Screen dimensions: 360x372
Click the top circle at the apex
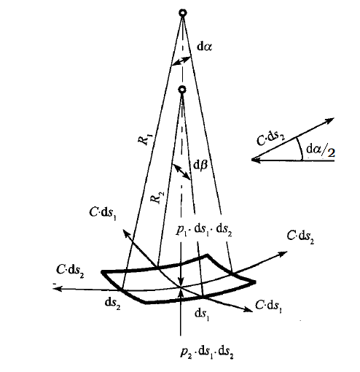tap(183, 12)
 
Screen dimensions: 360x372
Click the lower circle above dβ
tap(182, 90)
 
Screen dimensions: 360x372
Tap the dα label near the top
tap(204, 47)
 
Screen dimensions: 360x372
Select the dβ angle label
tap(200, 165)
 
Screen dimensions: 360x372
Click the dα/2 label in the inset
tap(321, 151)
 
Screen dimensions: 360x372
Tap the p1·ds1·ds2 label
tap(203, 230)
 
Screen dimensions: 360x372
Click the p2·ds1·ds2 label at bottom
tap(207, 352)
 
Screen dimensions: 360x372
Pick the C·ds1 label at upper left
tap(103, 213)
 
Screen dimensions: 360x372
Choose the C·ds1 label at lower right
tap(268, 306)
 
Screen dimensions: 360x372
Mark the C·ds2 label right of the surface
tap(300, 237)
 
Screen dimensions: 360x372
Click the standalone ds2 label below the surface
tap(112, 303)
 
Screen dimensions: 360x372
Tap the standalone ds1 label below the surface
tap(202, 314)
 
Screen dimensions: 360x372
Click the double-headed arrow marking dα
tap(181, 61)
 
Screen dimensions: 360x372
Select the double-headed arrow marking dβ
tap(181, 172)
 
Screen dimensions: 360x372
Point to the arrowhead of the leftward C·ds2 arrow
tap(56, 289)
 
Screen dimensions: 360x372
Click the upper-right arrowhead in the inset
tap(331, 120)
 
